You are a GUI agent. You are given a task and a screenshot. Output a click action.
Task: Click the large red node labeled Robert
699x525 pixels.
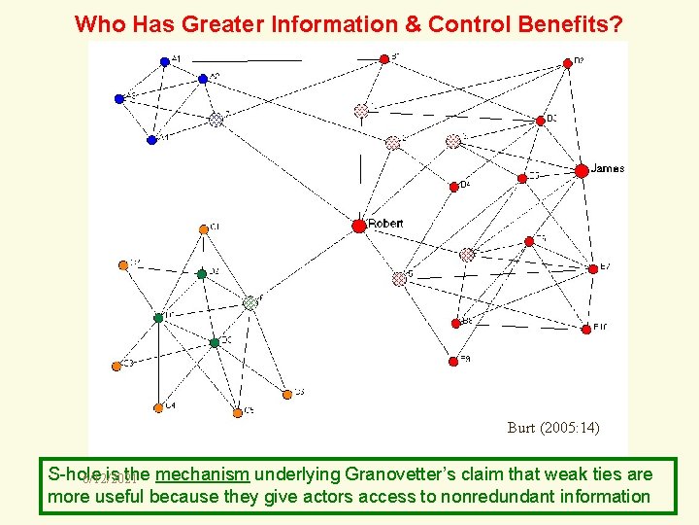(x=358, y=226)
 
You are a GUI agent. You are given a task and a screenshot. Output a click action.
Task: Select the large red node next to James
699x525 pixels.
(x=581, y=171)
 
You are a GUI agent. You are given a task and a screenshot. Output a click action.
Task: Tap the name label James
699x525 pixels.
(x=608, y=168)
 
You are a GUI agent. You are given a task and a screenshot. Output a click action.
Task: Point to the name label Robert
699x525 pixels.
(x=385, y=224)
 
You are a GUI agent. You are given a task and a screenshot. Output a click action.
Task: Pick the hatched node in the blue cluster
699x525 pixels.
(x=216, y=120)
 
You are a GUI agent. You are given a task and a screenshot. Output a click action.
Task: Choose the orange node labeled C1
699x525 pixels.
(x=204, y=229)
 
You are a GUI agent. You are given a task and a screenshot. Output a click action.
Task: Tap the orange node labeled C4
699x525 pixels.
(x=159, y=407)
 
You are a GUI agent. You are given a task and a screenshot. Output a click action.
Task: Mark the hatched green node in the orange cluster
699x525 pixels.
(x=250, y=302)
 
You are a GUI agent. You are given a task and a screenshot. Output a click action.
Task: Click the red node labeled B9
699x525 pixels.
(x=453, y=361)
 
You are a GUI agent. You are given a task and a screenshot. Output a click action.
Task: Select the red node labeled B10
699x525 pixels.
(x=585, y=330)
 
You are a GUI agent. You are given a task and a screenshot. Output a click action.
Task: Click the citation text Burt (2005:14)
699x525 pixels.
(x=553, y=427)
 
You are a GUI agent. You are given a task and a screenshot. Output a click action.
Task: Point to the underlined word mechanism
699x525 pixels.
(x=203, y=474)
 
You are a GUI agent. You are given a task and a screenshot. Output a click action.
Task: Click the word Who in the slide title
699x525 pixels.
(x=95, y=23)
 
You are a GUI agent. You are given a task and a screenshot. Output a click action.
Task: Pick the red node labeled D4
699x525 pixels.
(x=453, y=187)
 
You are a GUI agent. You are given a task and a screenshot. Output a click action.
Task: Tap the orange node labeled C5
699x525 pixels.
(x=237, y=412)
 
